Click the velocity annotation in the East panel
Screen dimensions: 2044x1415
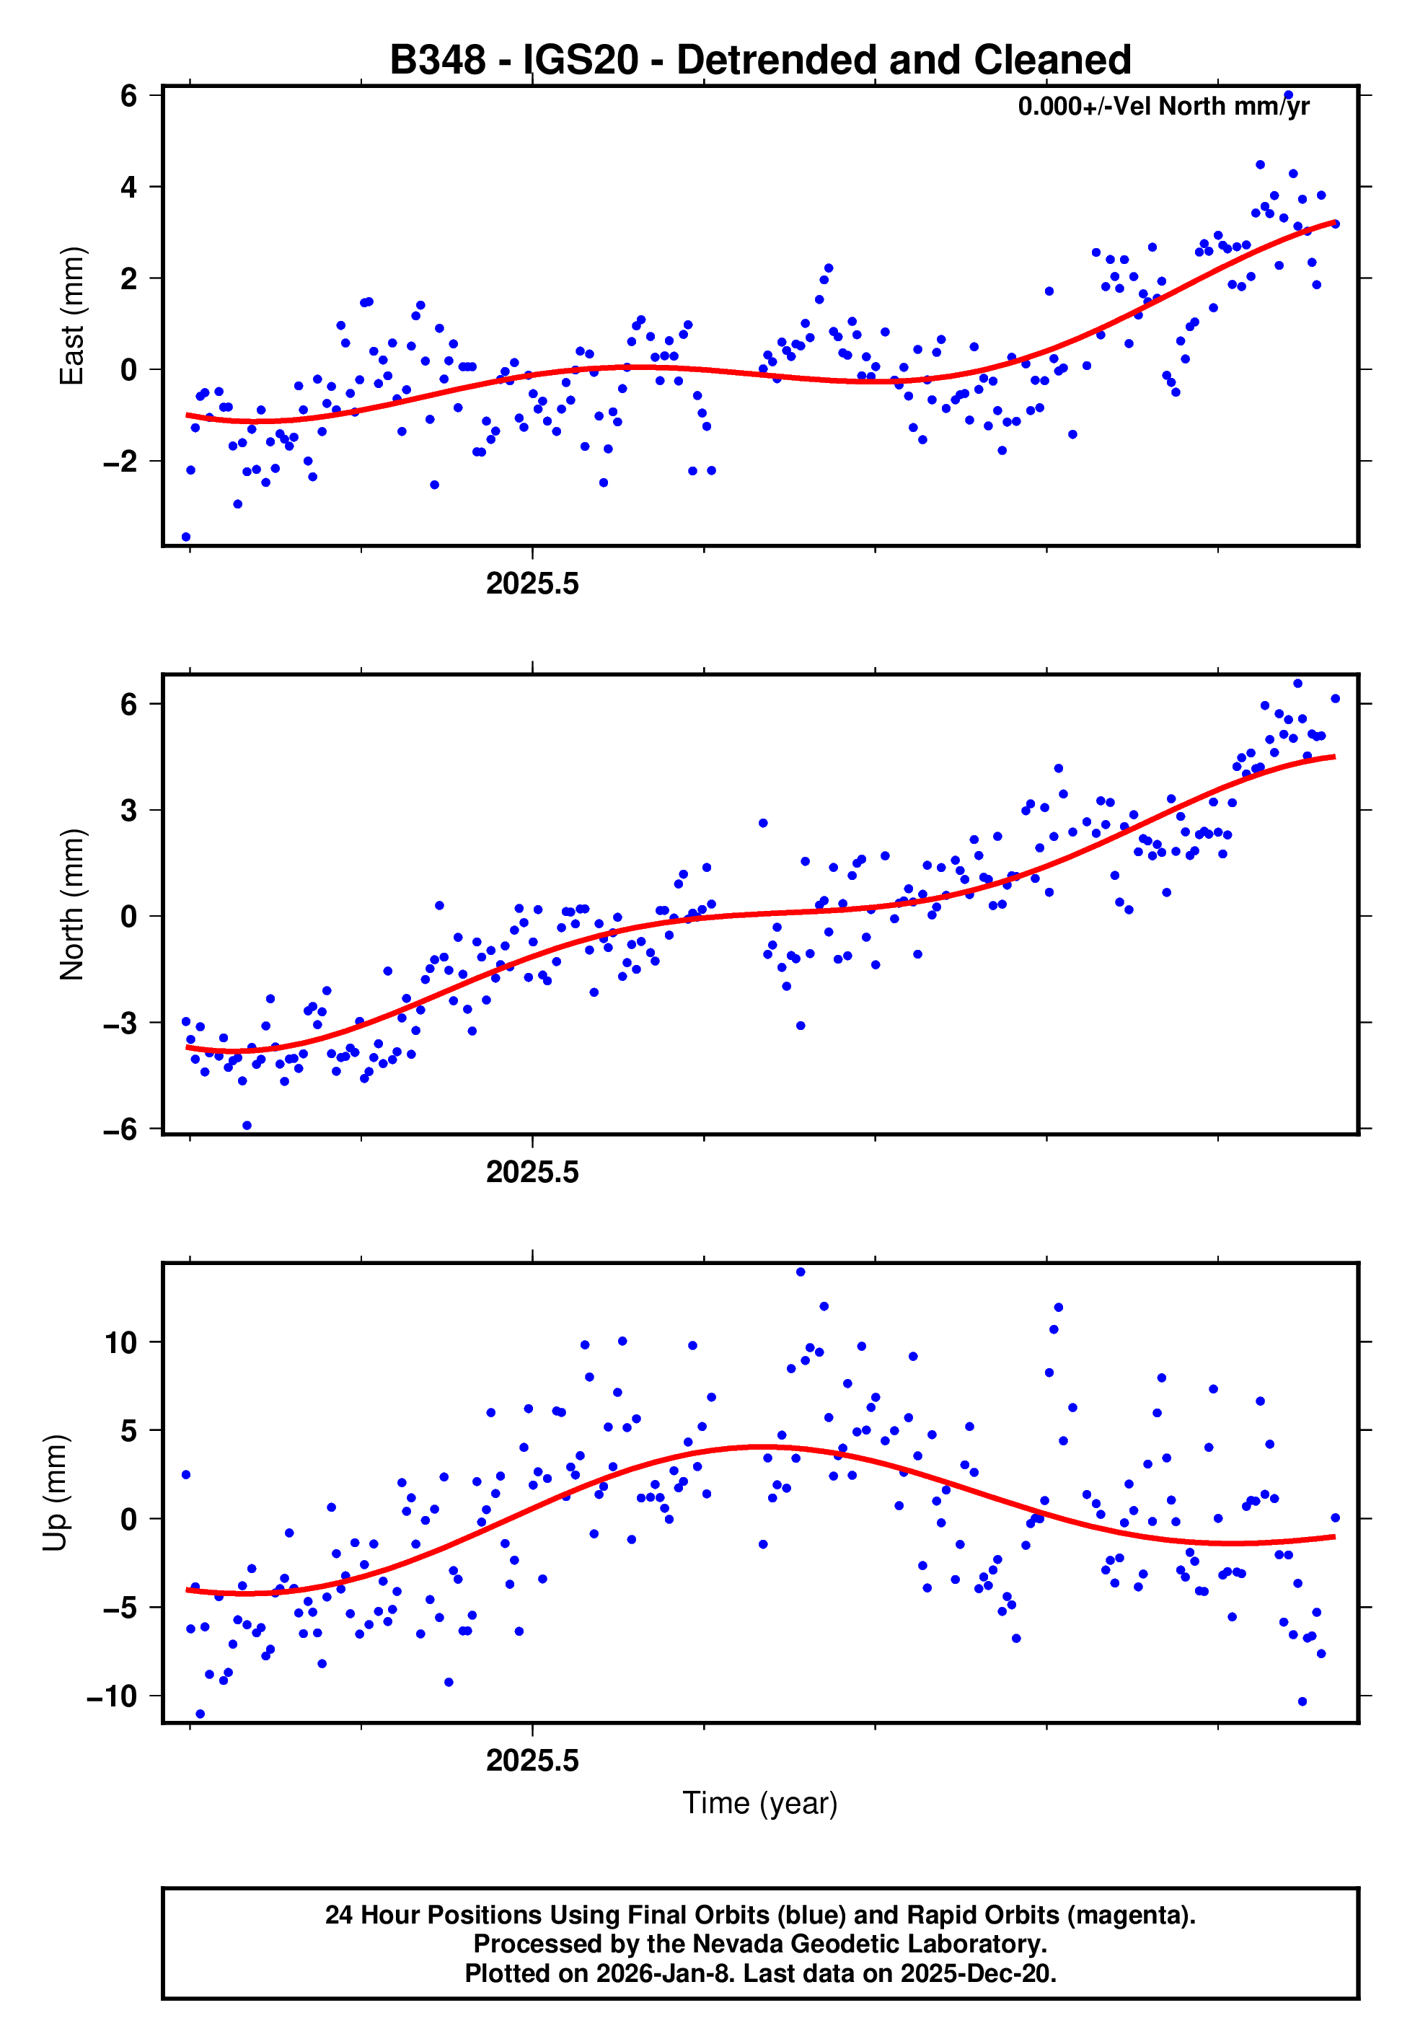(1163, 106)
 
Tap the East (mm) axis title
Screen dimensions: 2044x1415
(72, 317)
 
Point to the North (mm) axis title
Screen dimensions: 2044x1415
(72, 904)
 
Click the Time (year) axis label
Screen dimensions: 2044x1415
(760, 1803)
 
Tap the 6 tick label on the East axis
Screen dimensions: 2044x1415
(128, 96)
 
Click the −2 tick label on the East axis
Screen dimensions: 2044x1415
(120, 462)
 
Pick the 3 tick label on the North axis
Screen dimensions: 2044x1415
(128, 810)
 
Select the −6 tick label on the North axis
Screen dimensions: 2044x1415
(120, 1129)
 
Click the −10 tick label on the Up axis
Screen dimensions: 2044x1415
(112, 1696)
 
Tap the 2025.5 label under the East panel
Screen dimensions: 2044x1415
(532, 584)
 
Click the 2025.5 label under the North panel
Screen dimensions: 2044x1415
(532, 1173)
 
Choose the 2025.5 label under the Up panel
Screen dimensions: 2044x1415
(532, 1761)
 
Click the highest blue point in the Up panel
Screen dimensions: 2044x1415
(801, 1272)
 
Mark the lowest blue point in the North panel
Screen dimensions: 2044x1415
(247, 1126)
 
